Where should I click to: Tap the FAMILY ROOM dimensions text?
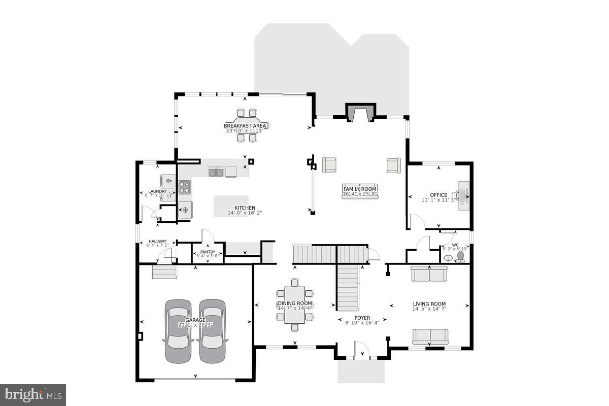[360, 194]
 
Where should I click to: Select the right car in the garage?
[212, 331]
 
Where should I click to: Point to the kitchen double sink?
[216, 172]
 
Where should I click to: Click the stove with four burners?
[184, 188]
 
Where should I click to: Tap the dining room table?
[294, 304]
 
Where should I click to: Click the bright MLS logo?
[33, 394]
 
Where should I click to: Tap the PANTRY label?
[208, 252]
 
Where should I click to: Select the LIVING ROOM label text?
[429, 303]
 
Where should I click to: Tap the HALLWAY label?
[157, 242]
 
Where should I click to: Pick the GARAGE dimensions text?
[195, 325]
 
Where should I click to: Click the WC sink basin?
[448, 258]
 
